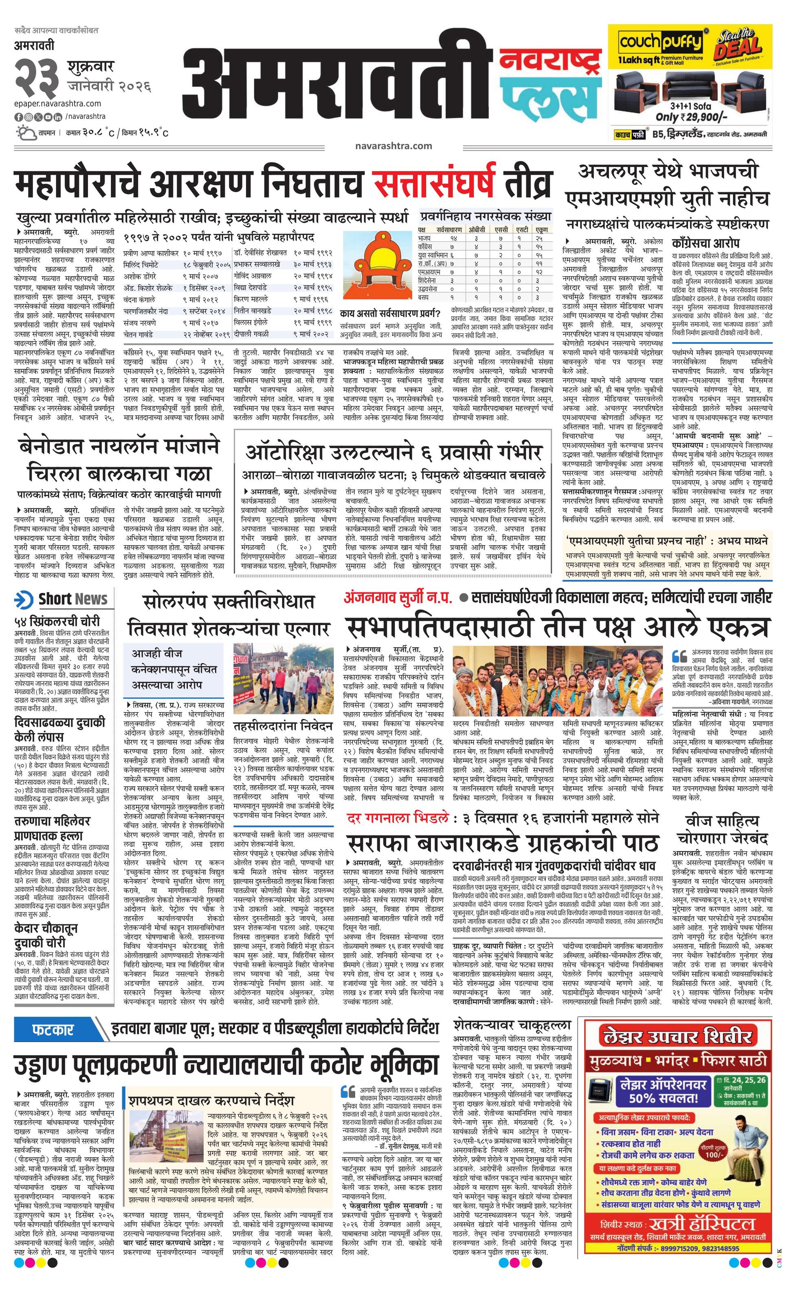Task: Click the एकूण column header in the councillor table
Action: [541, 230]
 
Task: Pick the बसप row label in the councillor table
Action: [423, 297]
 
